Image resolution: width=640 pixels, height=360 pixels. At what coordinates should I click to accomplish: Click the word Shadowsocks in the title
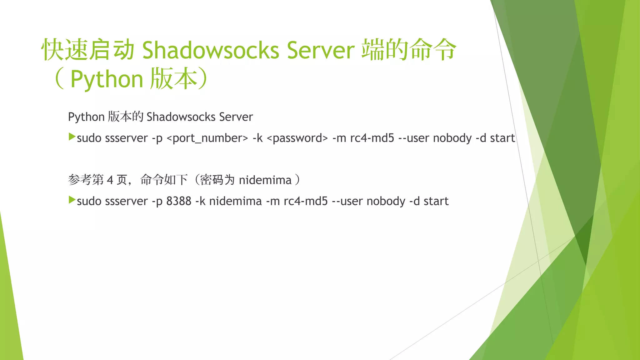coord(210,50)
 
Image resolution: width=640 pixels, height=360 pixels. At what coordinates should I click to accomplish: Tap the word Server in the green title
coord(321,50)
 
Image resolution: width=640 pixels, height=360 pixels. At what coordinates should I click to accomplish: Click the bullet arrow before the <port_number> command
coord(72,137)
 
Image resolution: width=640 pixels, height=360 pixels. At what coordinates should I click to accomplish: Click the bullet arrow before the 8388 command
coord(72,200)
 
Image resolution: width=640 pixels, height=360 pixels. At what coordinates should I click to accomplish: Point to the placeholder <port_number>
coord(207,138)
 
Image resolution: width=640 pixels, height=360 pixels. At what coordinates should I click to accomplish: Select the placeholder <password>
coord(297,138)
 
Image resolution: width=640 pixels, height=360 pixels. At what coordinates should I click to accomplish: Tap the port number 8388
coord(178,201)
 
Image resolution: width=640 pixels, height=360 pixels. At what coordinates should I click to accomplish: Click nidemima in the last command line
coord(235,201)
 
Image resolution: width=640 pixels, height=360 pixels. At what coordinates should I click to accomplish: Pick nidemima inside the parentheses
coord(265,180)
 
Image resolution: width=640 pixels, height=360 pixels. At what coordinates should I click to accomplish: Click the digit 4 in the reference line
coord(110,180)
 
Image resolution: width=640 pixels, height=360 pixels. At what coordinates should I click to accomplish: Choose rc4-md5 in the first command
coord(372,138)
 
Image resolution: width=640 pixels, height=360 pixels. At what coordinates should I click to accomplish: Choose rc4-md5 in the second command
coord(306,201)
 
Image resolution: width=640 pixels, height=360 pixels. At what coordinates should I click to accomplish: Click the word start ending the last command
coord(436,201)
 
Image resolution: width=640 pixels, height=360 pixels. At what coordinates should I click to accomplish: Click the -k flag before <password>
coord(257,138)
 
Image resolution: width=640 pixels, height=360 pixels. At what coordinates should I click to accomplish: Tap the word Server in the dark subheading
coord(236,117)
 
